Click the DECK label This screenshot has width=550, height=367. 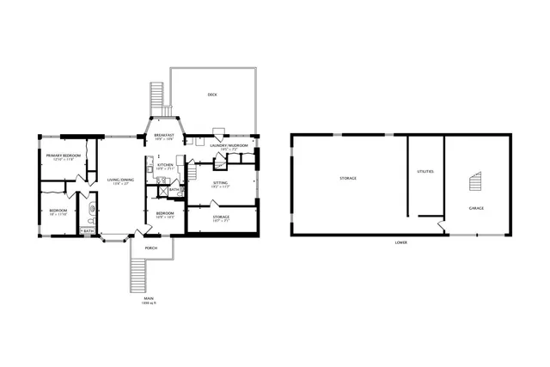[212, 95]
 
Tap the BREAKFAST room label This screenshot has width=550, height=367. [164, 135]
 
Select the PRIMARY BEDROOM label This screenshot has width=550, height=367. [65, 156]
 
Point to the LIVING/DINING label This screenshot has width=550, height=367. [121, 180]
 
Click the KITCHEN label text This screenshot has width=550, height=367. [165, 165]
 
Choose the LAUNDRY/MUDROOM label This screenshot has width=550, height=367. [229, 146]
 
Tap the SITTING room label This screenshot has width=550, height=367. [221, 182]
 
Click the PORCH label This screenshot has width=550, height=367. [151, 248]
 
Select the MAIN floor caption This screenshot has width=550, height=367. [149, 298]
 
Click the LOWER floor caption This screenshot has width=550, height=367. [400, 243]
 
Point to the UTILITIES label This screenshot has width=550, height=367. [425, 172]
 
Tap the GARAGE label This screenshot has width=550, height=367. [475, 209]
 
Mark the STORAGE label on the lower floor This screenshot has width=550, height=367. [348, 178]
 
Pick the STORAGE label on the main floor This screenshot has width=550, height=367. [221, 217]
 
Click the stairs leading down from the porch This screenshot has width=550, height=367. [137, 274]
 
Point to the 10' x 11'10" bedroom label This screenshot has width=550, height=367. [58, 211]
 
